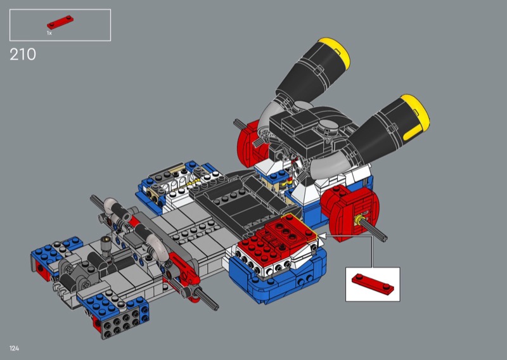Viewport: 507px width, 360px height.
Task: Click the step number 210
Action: click(x=23, y=55)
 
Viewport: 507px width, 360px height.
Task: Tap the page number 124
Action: click(x=14, y=349)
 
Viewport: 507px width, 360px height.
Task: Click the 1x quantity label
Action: click(x=49, y=33)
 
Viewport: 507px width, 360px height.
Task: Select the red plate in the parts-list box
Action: click(x=60, y=22)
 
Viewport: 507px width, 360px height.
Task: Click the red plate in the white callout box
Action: click(x=373, y=284)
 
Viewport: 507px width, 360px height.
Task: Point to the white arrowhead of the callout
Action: click(x=322, y=236)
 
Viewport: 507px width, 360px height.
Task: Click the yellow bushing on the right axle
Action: click(x=358, y=221)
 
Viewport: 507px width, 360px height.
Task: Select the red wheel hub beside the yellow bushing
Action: click(x=351, y=212)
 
